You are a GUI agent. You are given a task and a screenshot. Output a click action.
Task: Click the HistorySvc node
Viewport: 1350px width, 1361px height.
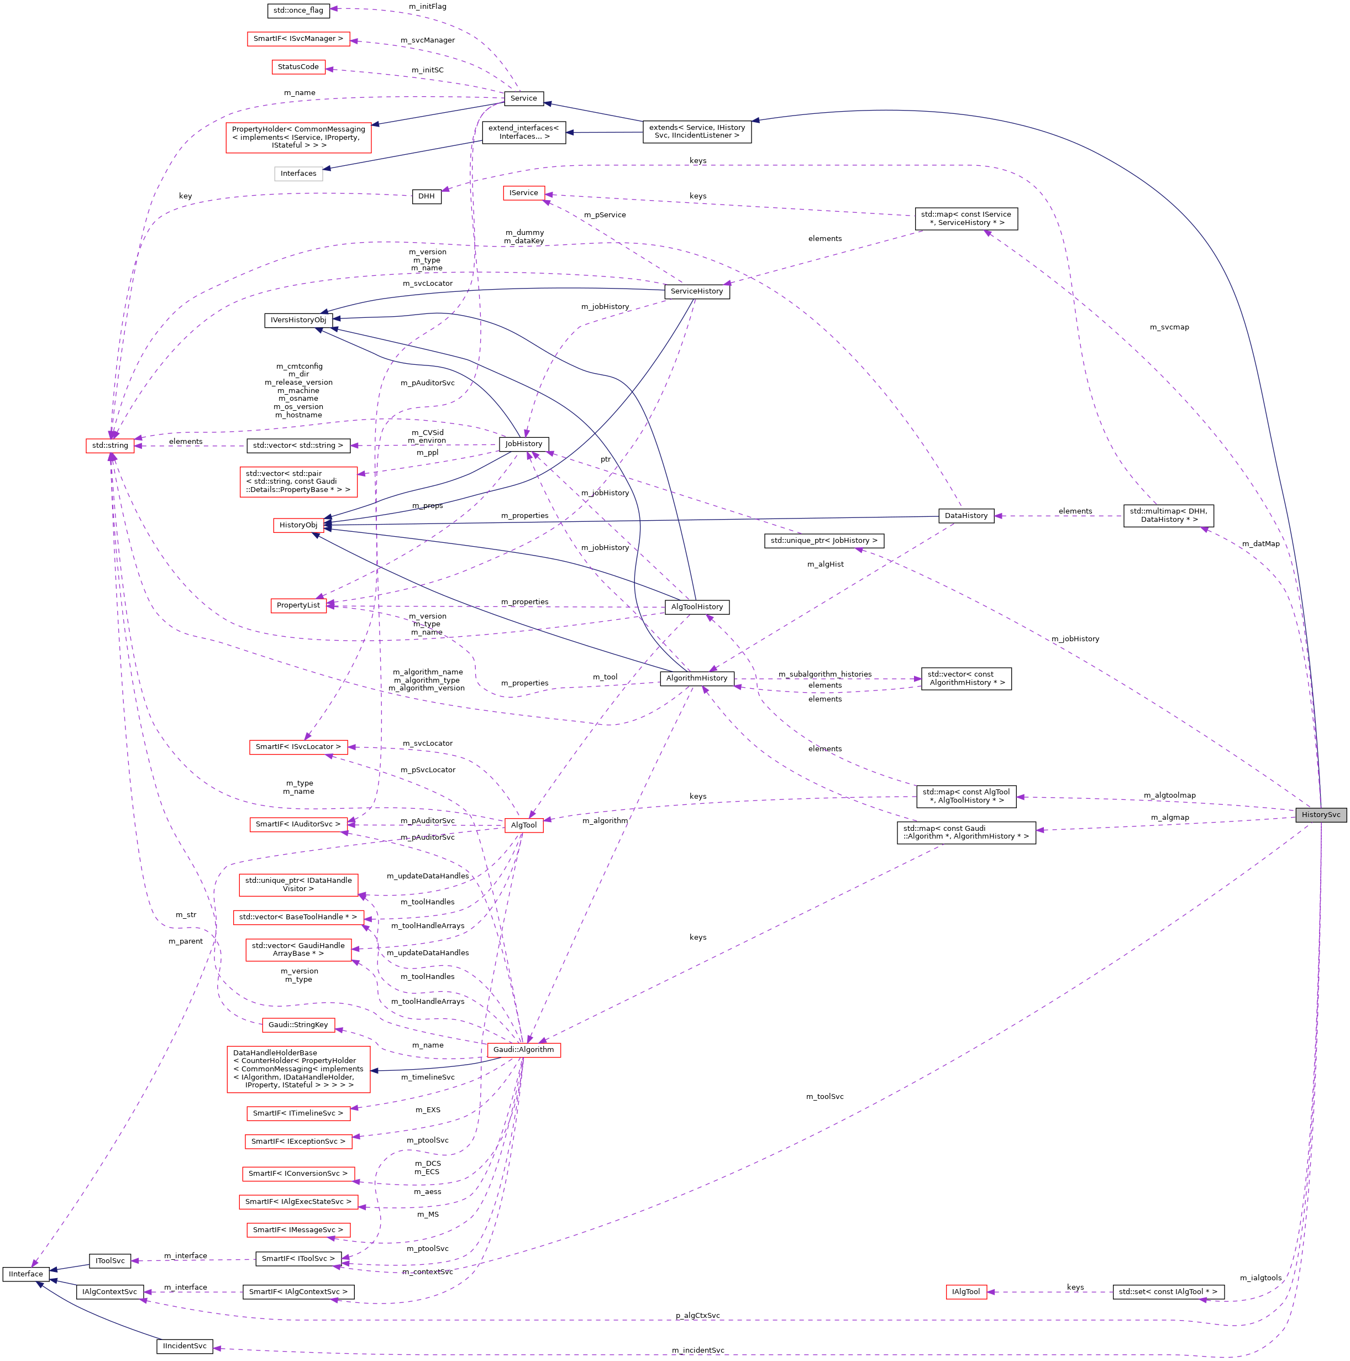point(1320,814)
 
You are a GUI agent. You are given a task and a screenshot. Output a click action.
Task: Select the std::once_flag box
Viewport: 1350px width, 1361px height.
point(298,11)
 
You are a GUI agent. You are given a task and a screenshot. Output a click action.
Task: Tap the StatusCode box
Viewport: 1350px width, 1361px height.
point(298,67)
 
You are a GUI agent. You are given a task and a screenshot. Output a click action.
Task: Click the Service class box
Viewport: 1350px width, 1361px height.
point(523,98)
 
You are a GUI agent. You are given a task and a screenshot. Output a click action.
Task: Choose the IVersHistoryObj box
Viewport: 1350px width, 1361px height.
point(298,320)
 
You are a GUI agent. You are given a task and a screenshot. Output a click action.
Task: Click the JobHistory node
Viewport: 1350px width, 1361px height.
point(523,444)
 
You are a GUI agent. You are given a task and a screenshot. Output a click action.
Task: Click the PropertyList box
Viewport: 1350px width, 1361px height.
point(298,605)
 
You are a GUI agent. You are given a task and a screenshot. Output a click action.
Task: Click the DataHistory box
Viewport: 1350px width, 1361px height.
point(965,516)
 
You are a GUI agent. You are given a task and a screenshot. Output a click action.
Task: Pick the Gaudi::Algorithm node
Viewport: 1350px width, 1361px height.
point(523,1050)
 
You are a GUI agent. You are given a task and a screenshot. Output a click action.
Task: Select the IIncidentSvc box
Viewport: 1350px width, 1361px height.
point(185,1346)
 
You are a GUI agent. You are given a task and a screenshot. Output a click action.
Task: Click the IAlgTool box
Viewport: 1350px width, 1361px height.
point(965,1292)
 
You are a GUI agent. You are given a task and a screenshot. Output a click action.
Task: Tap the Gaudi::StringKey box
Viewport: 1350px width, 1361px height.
point(298,1024)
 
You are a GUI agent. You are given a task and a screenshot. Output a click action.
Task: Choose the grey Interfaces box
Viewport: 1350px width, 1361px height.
point(298,173)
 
